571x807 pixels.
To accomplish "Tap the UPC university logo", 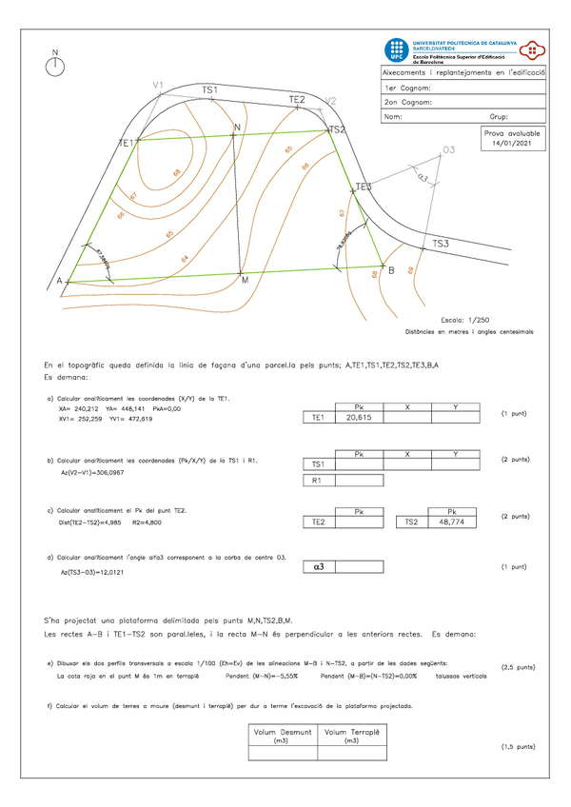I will point(395,51).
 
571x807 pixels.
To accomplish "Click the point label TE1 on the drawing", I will point(126,143).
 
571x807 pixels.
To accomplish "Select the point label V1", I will point(158,86).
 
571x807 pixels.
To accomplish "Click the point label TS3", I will point(441,244).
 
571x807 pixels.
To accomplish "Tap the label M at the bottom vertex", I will point(245,281).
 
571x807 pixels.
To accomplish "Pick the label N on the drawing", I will point(236,128).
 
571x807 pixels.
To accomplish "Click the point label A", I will point(59,281).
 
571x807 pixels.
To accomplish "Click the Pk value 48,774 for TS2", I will point(453,522).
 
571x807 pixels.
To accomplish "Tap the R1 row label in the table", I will point(319,481).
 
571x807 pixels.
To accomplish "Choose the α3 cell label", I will point(319,567).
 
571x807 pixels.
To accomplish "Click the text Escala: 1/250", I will point(465,321).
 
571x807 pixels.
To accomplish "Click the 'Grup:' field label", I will point(499,117).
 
